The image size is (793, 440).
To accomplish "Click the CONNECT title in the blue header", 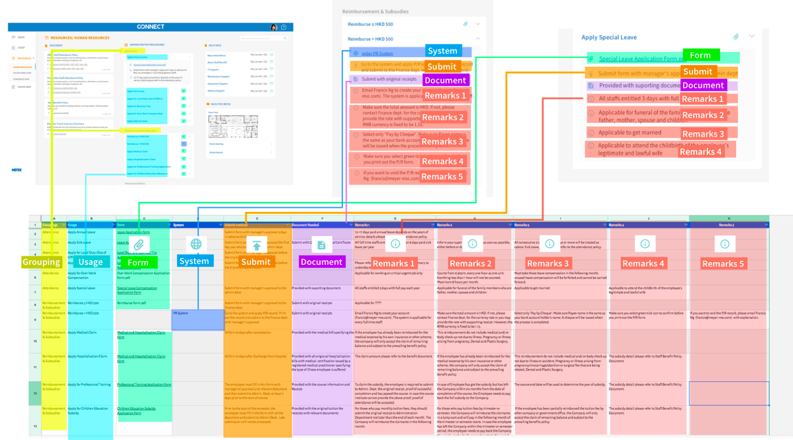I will pos(150,27).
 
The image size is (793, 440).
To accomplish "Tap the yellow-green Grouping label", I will pos(41,262).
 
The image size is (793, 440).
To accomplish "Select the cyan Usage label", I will pos(90,262).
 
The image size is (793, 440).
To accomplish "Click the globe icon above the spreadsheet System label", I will pos(196,244).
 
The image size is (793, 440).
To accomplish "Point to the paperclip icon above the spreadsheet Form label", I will pos(138,245).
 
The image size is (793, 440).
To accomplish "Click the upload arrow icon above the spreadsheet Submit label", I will pos(256,245).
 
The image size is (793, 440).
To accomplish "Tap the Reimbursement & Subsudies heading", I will pos(375,12).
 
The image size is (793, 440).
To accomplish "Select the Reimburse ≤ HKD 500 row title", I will pos(370,24).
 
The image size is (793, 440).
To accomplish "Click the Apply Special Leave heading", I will pos(608,37).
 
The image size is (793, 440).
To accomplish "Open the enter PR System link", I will pos(377,53).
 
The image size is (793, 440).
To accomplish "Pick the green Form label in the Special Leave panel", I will pos(700,55).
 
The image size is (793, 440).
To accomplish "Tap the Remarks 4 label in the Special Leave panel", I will pos(700,152).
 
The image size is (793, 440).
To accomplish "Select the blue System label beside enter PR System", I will pos(442,51).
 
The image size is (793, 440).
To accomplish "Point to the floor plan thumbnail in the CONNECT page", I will pos(233,126).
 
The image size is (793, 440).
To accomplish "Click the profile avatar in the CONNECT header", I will pos(274,27).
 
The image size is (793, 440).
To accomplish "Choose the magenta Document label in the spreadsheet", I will pos(321,262).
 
